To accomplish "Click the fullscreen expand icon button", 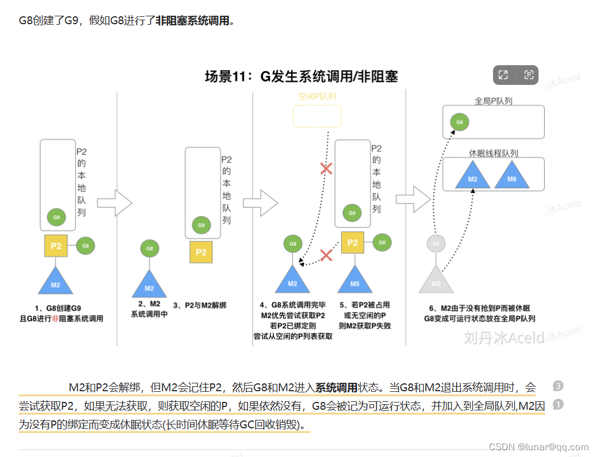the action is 503,75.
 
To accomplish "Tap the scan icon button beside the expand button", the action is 528,75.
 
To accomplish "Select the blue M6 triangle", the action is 512,176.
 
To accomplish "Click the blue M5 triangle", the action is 355,280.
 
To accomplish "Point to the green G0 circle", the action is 382,243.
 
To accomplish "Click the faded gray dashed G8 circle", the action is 436,243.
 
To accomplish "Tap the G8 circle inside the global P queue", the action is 459,121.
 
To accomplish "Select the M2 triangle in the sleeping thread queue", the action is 473,176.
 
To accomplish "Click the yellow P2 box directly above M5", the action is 352,243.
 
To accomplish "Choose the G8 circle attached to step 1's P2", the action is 85,245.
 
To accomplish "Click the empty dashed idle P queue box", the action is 317,115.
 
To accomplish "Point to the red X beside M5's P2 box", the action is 325,255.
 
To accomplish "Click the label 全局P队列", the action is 493,101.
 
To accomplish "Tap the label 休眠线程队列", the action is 493,153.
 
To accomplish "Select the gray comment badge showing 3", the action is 558,386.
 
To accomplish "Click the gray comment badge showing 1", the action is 558,404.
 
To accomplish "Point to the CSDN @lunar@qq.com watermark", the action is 539,447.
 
